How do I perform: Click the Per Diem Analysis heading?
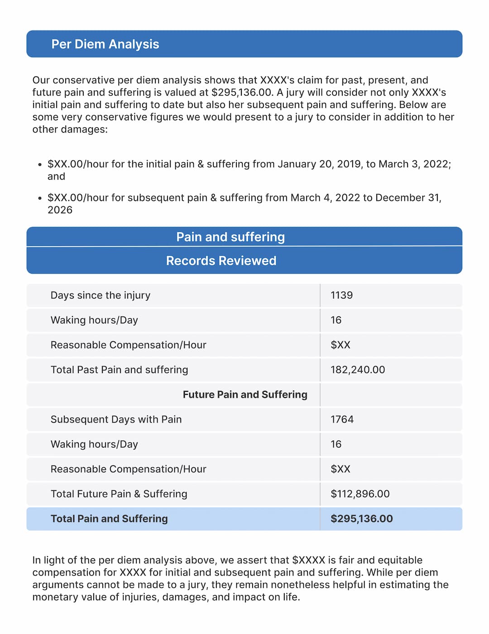[105, 44]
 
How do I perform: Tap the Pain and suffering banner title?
[230, 237]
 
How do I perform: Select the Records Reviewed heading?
[221, 261]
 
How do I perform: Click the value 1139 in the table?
[341, 295]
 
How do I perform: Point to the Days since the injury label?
[100, 295]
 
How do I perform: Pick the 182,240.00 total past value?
[358, 370]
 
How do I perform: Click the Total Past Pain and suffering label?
[119, 370]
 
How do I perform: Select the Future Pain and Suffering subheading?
[245, 395]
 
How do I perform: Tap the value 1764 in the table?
[342, 419]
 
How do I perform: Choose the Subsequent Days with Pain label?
[116, 419]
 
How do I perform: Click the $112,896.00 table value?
[360, 494]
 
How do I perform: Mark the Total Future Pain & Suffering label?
[119, 494]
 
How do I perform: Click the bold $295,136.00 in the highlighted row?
[361, 519]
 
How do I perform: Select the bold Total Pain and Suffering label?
[109, 519]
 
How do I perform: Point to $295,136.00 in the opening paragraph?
[242, 93]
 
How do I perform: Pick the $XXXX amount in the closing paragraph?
[308, 560]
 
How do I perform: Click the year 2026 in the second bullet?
[60, 210]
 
